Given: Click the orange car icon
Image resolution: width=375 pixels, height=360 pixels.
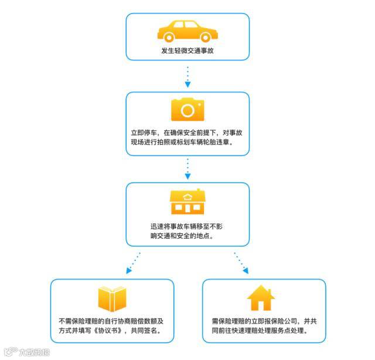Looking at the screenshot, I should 187,30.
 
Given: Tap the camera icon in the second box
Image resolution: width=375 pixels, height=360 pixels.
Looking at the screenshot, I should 187,110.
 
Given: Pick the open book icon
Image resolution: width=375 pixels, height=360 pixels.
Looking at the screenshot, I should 112,298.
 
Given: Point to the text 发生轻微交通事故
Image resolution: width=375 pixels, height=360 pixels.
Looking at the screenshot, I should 187,50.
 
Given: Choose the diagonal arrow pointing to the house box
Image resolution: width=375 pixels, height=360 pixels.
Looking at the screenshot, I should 241,263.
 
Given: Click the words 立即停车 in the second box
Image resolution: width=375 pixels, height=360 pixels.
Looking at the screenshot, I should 145,133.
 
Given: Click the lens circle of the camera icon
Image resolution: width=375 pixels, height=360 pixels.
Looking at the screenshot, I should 187,111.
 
